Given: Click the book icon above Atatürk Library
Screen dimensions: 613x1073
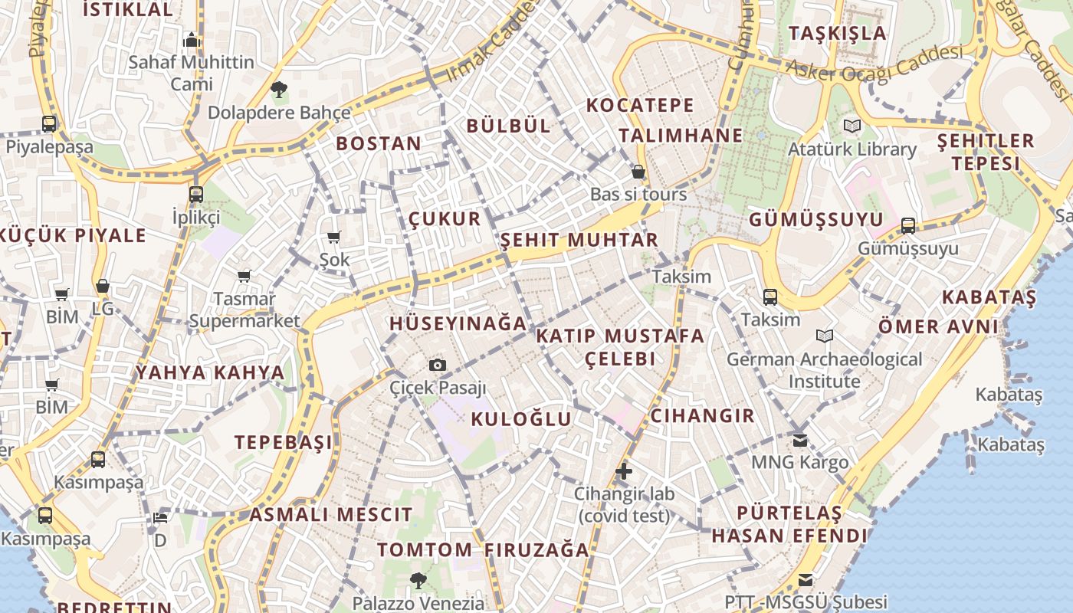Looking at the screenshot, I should point(852,126).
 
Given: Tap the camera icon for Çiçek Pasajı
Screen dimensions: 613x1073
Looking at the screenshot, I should point(438,365).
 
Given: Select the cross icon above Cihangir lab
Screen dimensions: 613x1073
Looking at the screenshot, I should point(625,471).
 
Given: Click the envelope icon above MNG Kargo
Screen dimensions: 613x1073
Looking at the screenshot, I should point(800,441).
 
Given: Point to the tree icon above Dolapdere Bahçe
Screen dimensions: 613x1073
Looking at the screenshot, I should point(279,90).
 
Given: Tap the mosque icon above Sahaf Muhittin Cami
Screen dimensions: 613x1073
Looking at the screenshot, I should point(191,40).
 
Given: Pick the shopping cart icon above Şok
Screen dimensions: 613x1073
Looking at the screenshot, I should point(334,237).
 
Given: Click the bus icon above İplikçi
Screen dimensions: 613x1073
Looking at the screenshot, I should point(196,194).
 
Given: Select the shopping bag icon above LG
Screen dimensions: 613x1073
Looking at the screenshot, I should point(102,286).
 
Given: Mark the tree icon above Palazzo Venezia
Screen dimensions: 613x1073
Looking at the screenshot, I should point(418,580).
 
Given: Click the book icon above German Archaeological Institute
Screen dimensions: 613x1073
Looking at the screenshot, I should point(825,336).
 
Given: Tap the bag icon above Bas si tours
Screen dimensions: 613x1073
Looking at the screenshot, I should point(638,172).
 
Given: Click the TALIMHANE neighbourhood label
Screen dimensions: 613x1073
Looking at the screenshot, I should point(681,136).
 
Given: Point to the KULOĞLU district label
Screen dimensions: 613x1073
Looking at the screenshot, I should point(521,419).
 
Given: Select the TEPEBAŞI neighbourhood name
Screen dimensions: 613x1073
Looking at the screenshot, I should point(284,442).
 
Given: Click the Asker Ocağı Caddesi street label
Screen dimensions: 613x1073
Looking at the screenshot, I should point(874,64).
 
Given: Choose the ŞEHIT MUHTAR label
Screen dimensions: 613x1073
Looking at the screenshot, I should point(579,240).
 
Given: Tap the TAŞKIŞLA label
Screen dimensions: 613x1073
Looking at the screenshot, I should point(838,33).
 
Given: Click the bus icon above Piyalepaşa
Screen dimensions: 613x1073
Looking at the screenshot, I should point(49,123).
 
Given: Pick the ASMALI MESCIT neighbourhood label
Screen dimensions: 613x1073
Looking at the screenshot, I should point(330,514).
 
